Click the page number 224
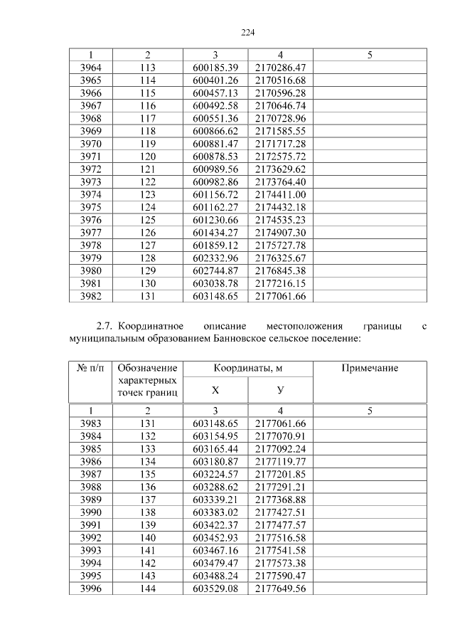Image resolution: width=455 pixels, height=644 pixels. (247, 32)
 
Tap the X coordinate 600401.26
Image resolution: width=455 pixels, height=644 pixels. (215, 80)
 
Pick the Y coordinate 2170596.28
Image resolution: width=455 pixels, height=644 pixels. (280, 93)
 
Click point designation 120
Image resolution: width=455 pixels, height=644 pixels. (147, 157)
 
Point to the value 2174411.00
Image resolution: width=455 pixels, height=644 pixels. (280, 194)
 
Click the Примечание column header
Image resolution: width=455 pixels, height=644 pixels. (370, 368)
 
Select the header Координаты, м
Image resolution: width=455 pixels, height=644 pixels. (247, 368)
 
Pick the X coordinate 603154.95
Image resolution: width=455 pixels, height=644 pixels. (215, 436)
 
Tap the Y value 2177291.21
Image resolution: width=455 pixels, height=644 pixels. (280, 487)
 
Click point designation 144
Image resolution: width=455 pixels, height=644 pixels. (147, 588)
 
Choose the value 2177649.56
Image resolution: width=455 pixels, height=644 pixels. (280, 588)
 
